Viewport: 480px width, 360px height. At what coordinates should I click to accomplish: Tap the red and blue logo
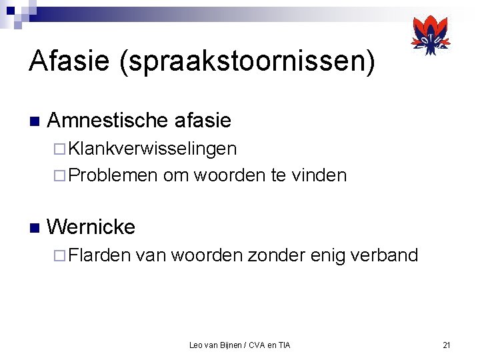[430, 37]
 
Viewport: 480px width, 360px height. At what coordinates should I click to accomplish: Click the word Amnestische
[107, 121]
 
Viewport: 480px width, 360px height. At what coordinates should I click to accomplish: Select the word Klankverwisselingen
[152, 149]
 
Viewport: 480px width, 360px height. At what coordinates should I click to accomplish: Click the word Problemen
[113, 175]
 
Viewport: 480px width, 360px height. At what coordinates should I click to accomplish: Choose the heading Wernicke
[91, 227]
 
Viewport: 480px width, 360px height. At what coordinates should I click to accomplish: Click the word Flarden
[99, 255]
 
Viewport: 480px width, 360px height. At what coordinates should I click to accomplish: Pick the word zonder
[276, 255]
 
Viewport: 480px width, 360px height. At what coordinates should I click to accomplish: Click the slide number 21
[447, 345]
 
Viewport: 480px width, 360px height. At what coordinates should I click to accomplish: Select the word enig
[323, 256]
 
